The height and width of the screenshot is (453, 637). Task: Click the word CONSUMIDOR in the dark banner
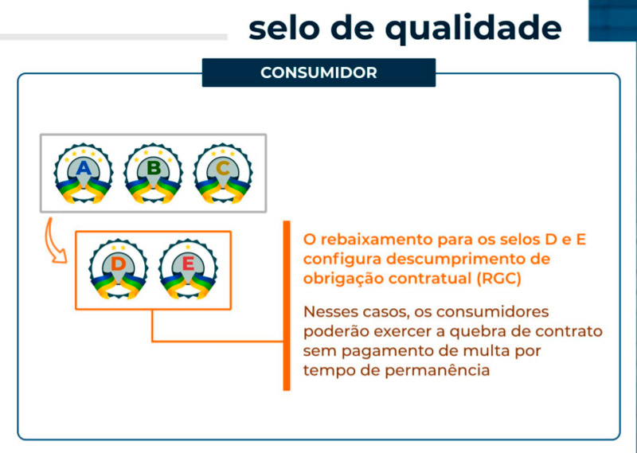coord(318,72)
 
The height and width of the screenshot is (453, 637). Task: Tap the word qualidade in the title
coord(473,29)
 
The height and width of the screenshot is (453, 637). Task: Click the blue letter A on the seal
coord(84,168)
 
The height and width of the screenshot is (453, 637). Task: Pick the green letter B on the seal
coord(154,168)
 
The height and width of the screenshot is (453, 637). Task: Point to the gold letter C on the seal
coord(223,168)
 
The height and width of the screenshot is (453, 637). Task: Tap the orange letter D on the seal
coord(118,264)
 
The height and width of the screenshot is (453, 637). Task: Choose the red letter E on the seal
coord(188,264)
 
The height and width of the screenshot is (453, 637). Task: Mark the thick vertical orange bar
coord(287,306)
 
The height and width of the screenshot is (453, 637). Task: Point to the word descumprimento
coord(460,260)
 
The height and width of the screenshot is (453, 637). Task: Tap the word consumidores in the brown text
coord(492,311)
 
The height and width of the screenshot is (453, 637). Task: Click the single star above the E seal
coord(188,247)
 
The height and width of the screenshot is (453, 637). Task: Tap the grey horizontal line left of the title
coord(113,37)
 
